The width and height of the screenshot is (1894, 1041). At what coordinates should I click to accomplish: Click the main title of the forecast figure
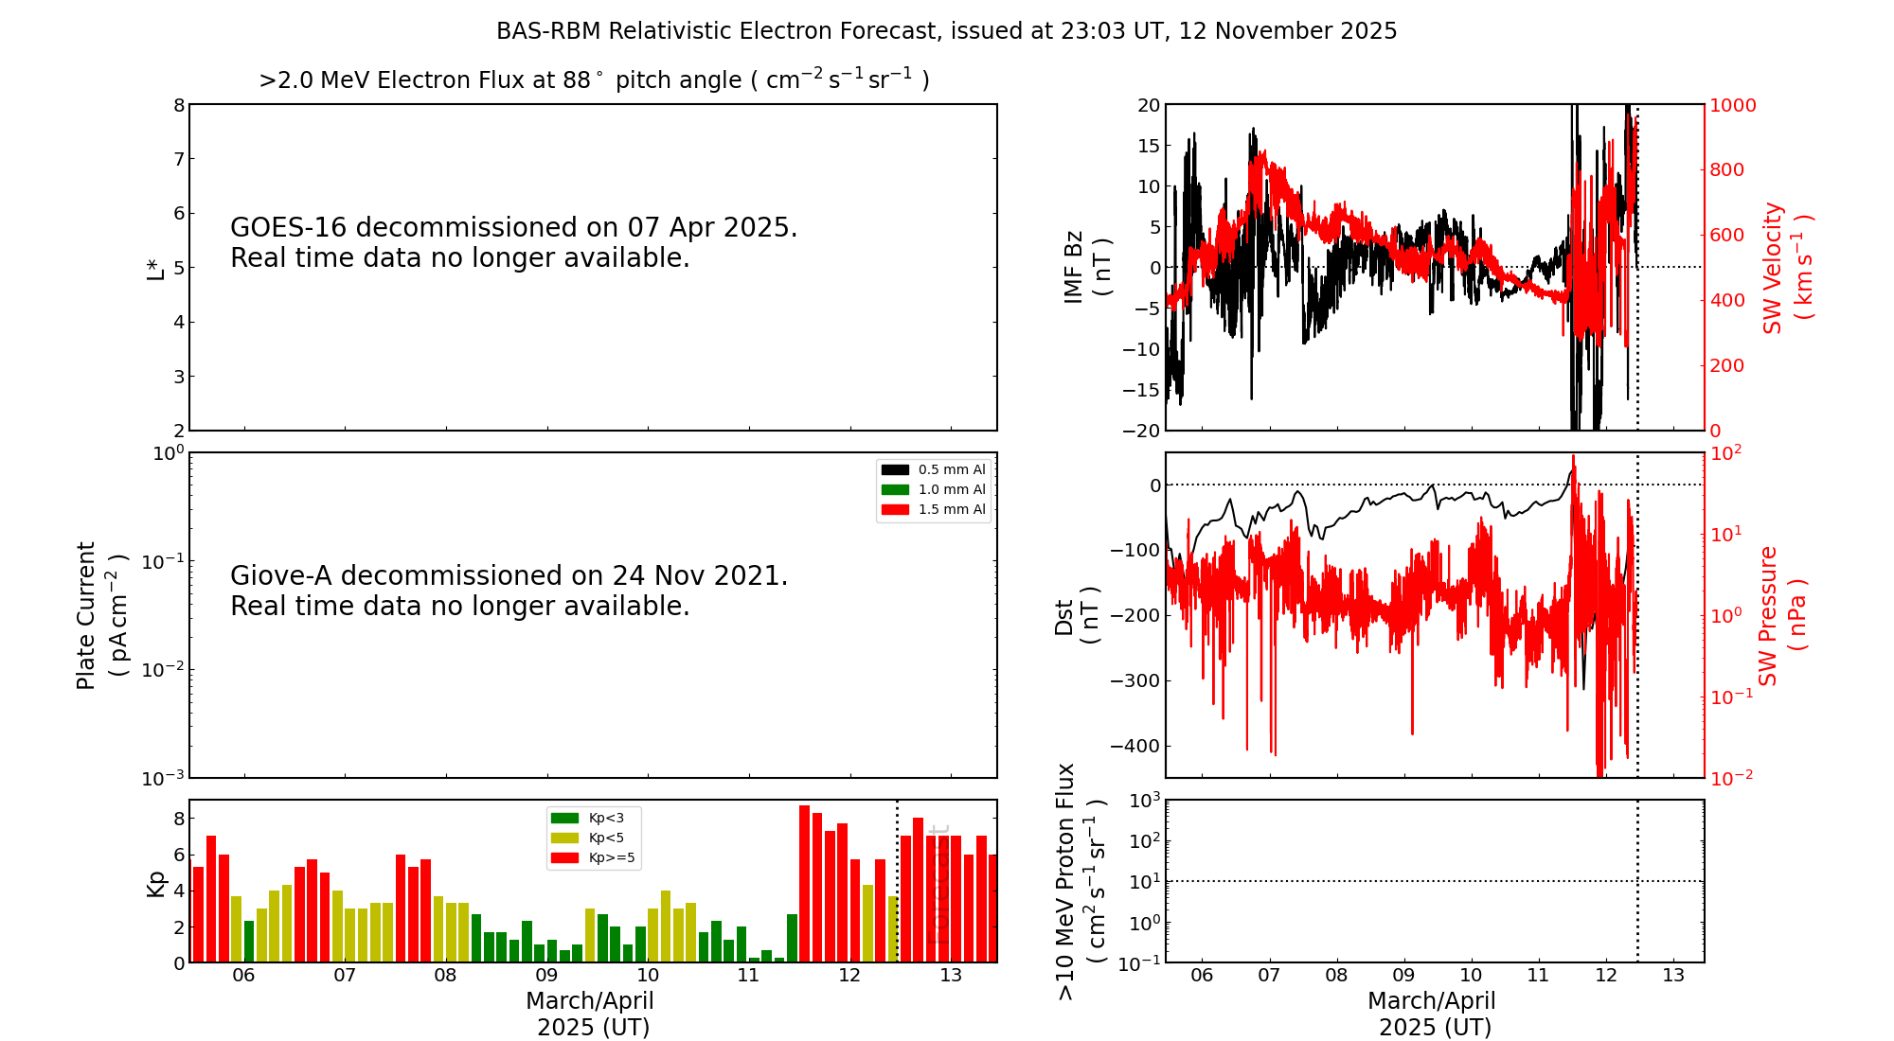946,31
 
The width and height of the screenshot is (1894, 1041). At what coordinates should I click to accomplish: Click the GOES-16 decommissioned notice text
513,242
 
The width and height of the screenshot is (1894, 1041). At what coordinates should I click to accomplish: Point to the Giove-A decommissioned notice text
509,591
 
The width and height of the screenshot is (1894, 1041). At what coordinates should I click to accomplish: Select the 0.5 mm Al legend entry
934,469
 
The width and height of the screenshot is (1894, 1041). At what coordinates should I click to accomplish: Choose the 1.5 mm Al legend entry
934,509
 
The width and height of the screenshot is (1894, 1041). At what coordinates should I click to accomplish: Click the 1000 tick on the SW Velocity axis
1732,105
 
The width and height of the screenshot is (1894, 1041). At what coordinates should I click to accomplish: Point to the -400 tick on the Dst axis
1135,746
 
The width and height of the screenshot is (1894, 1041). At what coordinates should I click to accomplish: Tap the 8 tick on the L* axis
179,105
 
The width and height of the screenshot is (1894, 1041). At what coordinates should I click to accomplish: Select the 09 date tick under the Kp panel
546,976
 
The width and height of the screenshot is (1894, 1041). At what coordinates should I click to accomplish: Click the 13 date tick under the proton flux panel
1673,976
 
